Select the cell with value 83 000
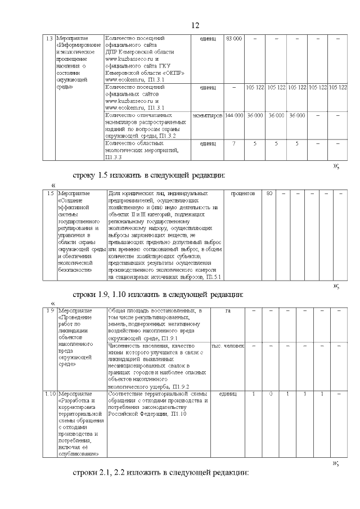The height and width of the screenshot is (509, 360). click(x=233, y=38)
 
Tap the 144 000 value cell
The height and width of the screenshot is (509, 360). click(x=233, y=115)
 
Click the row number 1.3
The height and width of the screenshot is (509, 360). click(x=49, y=38)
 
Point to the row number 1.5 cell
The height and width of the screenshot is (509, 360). click(x=49, y=193)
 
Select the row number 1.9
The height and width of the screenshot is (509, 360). click(x=49, y=310)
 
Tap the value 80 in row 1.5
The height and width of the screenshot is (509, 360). click(x=270, y=193)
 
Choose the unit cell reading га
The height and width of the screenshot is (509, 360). click(x=228, y=310)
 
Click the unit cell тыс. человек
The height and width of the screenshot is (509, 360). click(x=228, y=345)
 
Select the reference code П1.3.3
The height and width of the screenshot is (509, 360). click(x=112, y=157)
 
